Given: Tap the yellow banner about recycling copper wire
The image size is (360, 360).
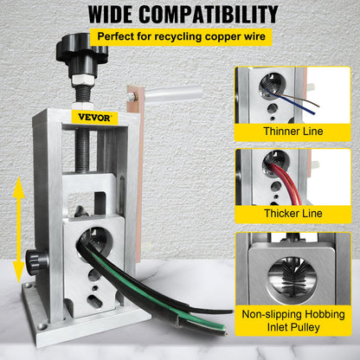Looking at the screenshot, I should (179, 37).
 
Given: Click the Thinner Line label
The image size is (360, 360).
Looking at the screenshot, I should (292, 132).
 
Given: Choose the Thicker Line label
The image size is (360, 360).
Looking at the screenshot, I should (292, 213).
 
